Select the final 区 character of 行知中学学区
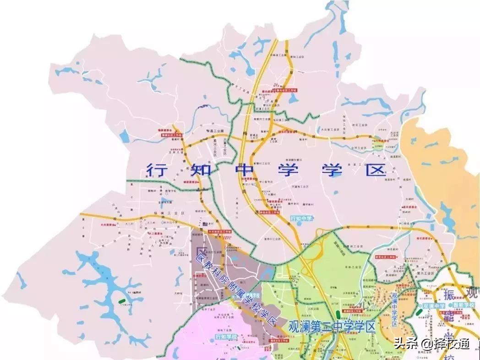click(x=375, y=170)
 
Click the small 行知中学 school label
click(x=301, y=218)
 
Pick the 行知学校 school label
click(x=227, y=337)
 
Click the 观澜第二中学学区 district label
click(x=332, y=327)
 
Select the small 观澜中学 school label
click(x=433, y=305)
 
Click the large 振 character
click(x=448, y=292)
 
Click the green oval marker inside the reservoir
click(x=122, y=301)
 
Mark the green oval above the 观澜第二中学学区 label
click(x=338, y=315)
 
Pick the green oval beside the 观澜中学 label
click(x=419, y=312)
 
